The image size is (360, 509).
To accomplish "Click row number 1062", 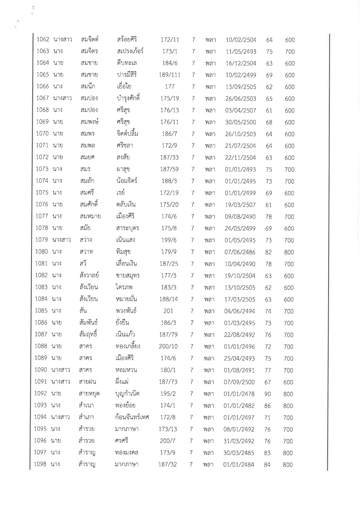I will [x=43, y=39].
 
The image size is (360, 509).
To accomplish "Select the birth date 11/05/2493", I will [x=241, y=52].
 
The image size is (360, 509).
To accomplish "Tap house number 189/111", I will [x=170, y=75].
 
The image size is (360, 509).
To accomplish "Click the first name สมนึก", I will [x=88, y=86].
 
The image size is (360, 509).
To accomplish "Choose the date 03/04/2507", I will [x=241, y=111].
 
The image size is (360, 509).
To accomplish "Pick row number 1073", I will [x=42, y=169].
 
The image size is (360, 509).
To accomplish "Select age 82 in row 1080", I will [x=268, y=252].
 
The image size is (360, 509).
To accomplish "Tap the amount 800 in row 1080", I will [x=289, y=252].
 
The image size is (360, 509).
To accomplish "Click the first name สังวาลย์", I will [x=89, y=275].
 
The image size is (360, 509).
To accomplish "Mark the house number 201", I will [x=168, y=311].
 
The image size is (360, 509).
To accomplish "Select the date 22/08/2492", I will [x=240, y=335].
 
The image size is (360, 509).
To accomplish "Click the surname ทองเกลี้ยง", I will [x=128, y=346].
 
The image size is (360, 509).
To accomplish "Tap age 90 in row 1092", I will [x=267, y=394].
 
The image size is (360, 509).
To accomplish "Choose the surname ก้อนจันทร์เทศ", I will [x=132, y=417].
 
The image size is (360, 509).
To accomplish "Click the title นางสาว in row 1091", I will [x=61, y=382].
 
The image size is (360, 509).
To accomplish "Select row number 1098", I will [x=40, y=464].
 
